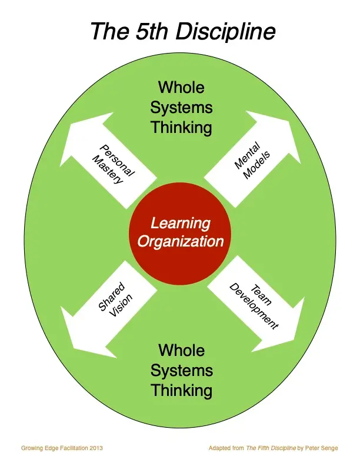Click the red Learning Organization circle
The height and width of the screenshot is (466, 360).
click(x=181, y=233)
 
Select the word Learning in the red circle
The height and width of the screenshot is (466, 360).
click(x=181, y=224)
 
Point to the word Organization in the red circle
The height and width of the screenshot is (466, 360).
click(x=181, y=241)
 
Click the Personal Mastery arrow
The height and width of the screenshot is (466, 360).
click(x=112, y=162)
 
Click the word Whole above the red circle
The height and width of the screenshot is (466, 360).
click(x=181, y=88)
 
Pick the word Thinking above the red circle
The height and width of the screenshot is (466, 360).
click(x=181, y=128)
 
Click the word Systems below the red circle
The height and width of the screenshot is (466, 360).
click(x=181, y=371)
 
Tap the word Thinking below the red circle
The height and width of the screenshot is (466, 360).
click(x=181, y=390)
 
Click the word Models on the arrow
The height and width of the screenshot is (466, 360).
click(x=256, y=167)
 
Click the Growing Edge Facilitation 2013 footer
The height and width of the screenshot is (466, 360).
click(x=62, y=448)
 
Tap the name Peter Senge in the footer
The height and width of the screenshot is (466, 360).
click(x=322, y=448)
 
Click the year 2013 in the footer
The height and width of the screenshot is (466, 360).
click(x=96, y=448)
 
